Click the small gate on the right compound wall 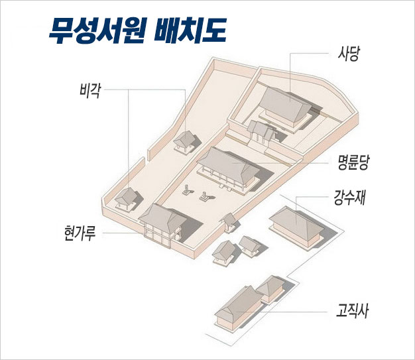229,221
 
